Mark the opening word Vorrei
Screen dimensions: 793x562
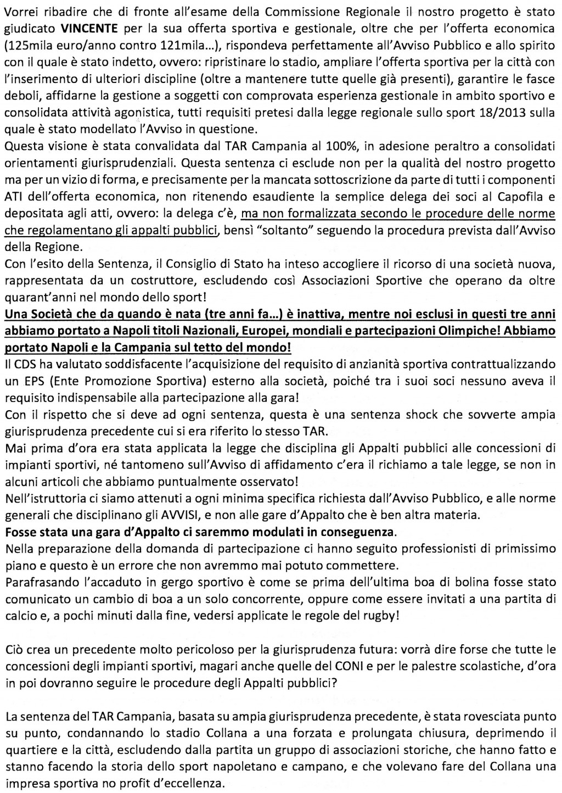tap(21, 11)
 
